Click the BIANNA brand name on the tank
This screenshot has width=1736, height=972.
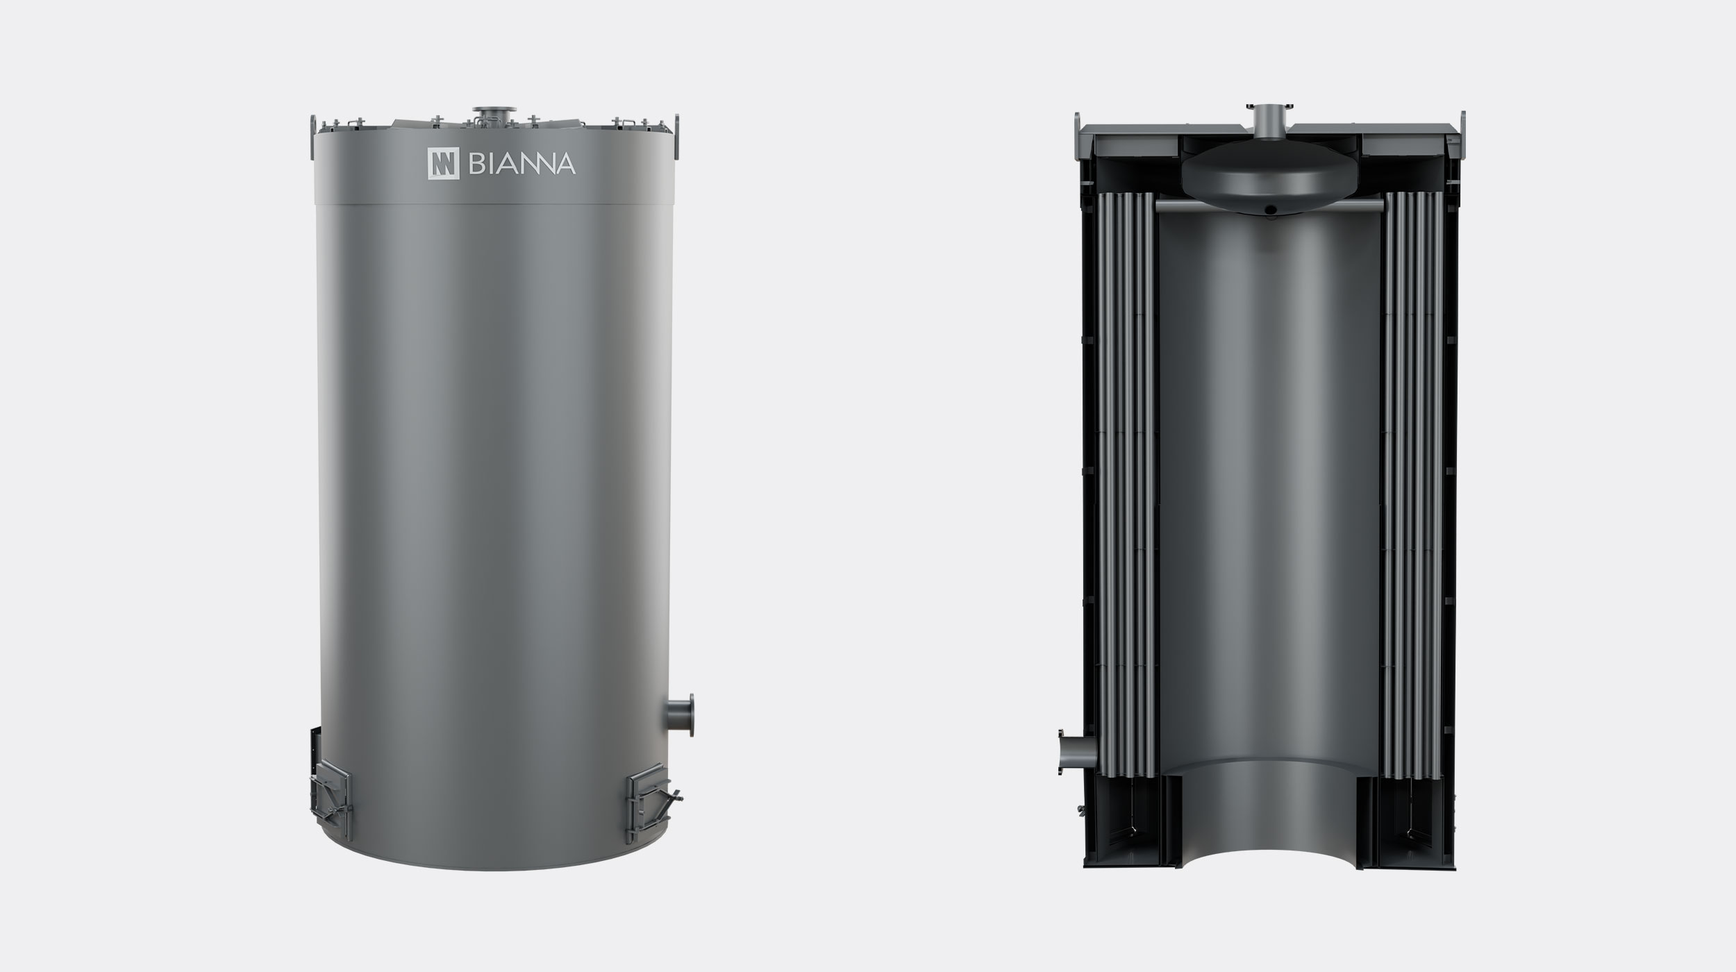click(522, 164)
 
